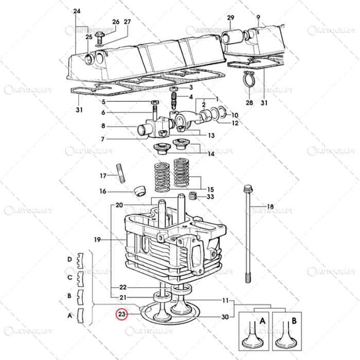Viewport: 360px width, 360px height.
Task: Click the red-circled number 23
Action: (122, 313)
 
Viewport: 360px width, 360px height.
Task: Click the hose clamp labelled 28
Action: (250, 82)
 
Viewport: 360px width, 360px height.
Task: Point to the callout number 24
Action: (77, 11)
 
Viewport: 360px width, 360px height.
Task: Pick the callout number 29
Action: (231, 18)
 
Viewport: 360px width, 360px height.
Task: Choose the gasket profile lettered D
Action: (80, 260)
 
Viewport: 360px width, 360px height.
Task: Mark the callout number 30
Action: (225, 317)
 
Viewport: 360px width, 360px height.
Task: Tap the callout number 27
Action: (128, 22)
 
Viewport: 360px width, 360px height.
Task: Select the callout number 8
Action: (103, 126)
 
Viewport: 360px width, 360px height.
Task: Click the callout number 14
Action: (211, 154)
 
